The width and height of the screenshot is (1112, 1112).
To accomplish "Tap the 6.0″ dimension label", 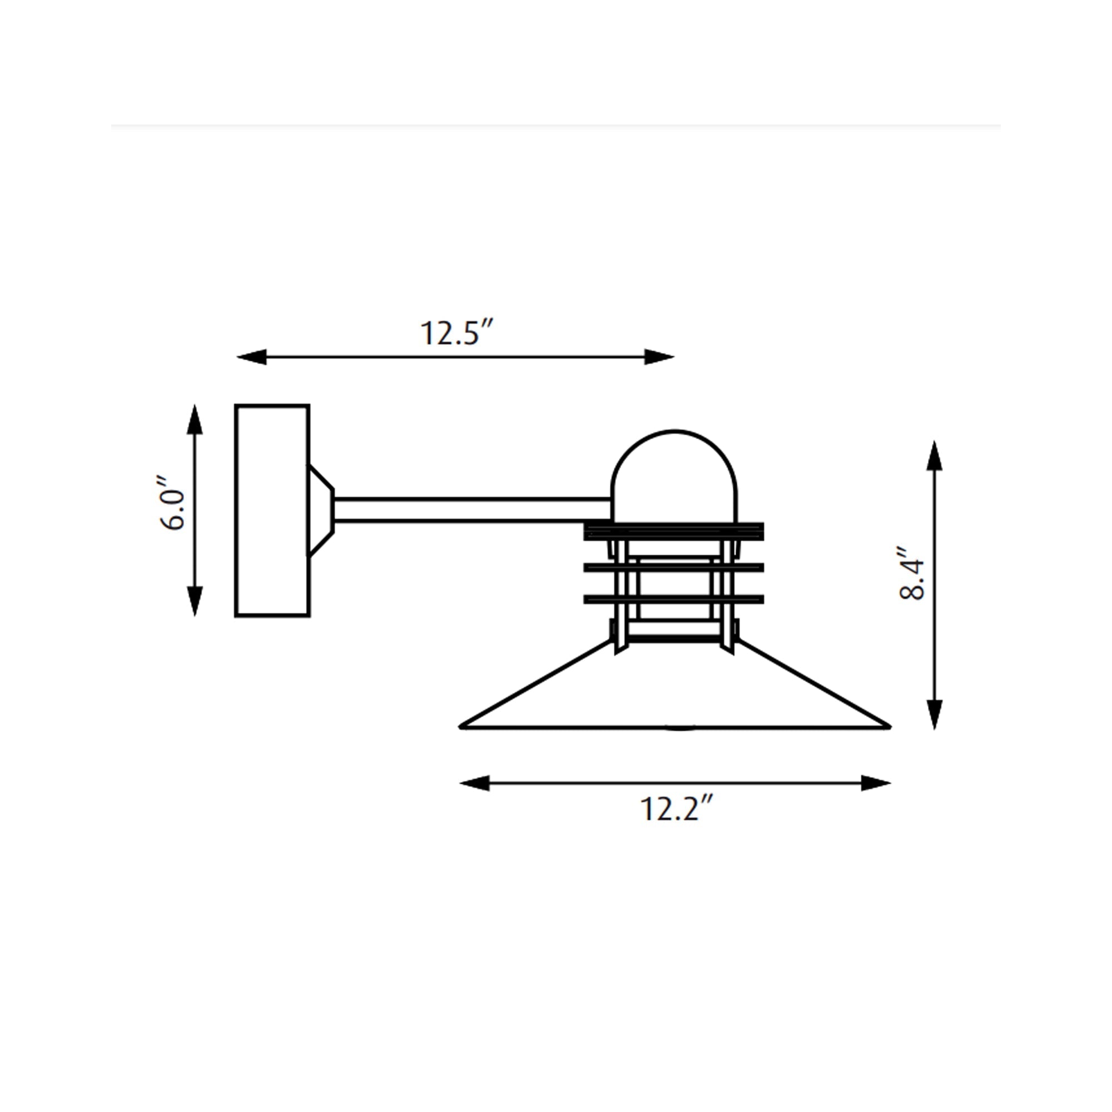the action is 172,503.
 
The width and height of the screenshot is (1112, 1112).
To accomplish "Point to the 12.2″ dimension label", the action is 677,808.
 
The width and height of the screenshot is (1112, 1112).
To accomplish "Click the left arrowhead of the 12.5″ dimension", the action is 251,357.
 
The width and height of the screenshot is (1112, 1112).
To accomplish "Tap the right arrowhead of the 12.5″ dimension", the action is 659,357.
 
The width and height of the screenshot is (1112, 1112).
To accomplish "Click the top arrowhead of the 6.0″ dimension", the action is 195,419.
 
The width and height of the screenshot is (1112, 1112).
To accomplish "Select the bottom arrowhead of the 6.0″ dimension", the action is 195,602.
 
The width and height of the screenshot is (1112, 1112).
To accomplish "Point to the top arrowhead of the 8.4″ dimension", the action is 934,456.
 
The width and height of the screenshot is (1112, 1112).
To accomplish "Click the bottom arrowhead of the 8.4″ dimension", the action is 934,714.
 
